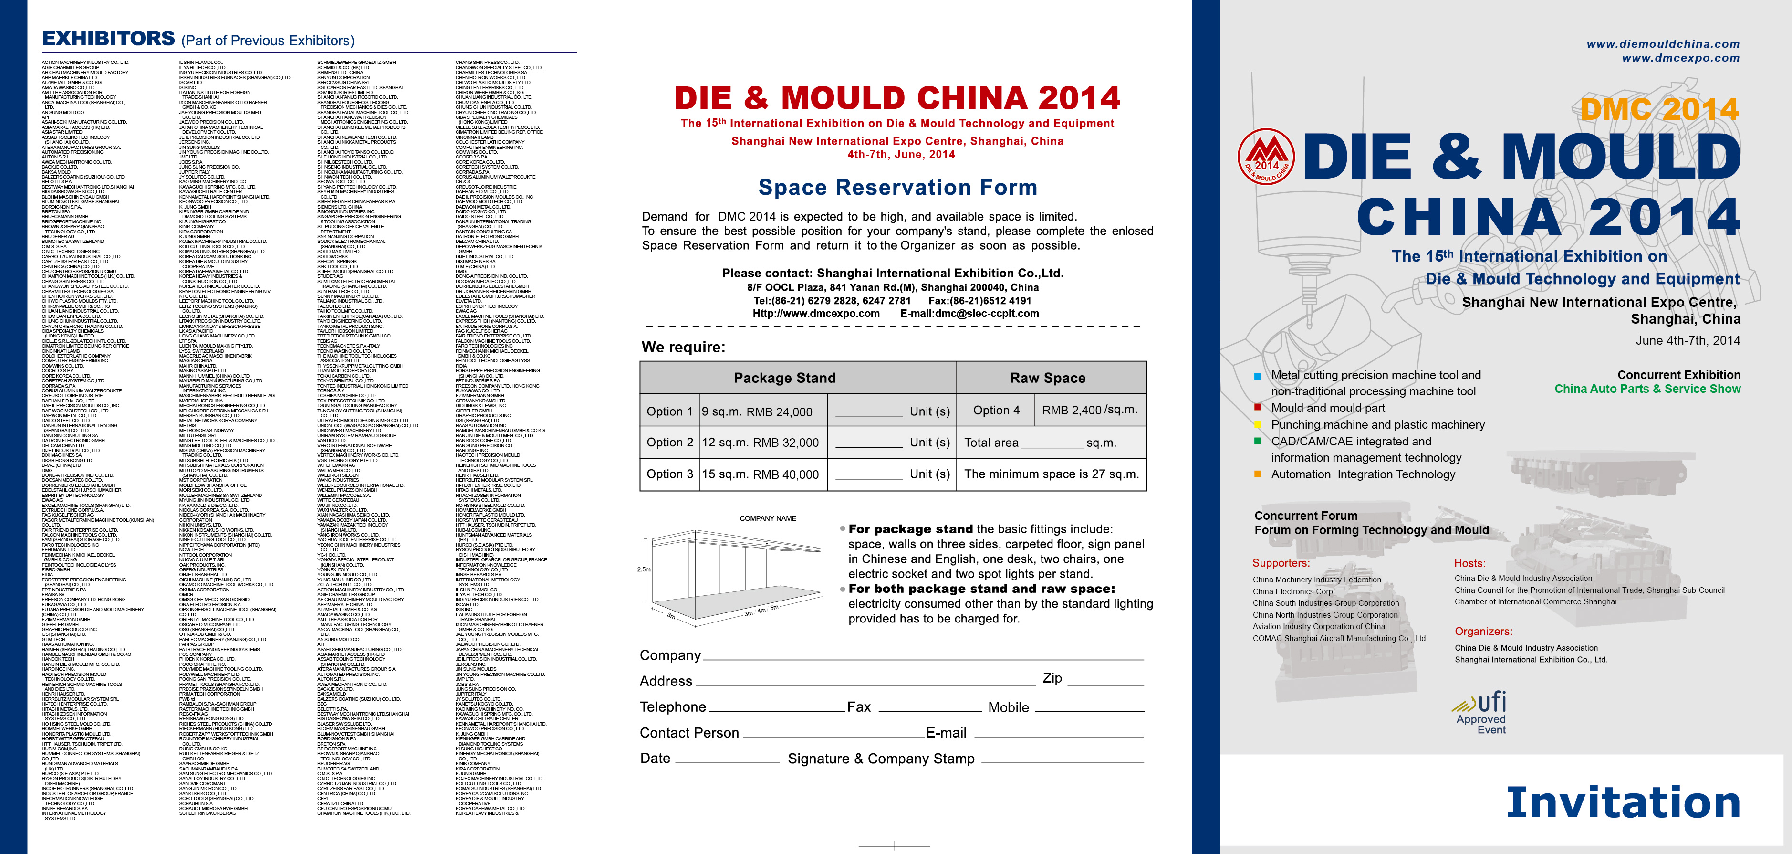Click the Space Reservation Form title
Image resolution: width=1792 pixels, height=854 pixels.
pyautogui.click(x=897, y=187)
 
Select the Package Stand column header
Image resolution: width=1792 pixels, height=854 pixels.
pyautogui.click(x=785, y=378)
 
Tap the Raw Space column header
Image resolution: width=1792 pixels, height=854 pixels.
pyautogui.click(x=1048, y=378)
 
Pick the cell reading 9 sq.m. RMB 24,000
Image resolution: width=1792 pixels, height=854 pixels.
pyautogui.click(x=757, y=412)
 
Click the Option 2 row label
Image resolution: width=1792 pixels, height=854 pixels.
pyautogui.click(x=669, y=443)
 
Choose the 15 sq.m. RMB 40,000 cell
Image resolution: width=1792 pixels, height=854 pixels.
pyautogui.click(x=761, y=474)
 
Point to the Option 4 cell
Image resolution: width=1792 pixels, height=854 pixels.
pyautogui.click(x=996, y=411)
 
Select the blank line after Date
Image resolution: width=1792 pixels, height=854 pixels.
pyautogui.click(x=727, y=761)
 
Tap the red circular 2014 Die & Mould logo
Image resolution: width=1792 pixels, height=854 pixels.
pyautogui.click(x=1266, y=157)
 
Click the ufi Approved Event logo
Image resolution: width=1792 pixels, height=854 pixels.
pyautogui.click(x=1481, y=711)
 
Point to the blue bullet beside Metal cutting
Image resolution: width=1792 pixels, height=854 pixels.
pyautogui.click(x=1257, y=376)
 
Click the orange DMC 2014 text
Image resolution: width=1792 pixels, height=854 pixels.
pyautogui.click(x=1659, y=109)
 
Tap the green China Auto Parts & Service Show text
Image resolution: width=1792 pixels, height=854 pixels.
pyautogui.click(x=1647, y=389)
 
